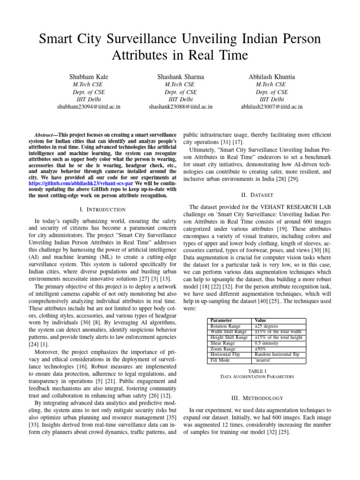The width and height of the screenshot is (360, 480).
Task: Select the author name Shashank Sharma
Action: pyautogui.click(x=180, y=76)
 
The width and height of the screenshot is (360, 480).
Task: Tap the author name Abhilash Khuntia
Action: pyautogui.click(x=272, y=76)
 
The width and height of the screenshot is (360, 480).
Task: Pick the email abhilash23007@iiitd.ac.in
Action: pyautogui.click(x=272, y=107)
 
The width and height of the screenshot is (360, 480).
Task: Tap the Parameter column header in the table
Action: pyautogui.click(x=222, y=321)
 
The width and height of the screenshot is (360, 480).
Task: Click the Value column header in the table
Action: pyautogui.click(x=260, y=321)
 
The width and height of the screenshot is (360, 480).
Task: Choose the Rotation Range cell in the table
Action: pyautogui.click(x=226, y=326)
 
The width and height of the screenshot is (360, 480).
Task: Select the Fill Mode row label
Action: pyautogui.click(x=220, y=360)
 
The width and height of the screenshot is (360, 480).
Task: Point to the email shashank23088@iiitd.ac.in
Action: pyautogui.click(x=180, y=107)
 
